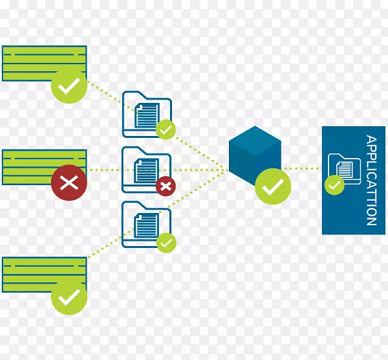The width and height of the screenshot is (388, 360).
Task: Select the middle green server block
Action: point(32,166)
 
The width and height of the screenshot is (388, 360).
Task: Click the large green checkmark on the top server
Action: point(69,85)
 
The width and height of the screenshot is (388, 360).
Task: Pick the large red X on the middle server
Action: point(69,183)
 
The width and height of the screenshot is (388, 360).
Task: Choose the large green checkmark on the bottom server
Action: point(69,297)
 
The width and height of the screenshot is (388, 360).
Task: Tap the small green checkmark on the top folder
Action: point(166,130)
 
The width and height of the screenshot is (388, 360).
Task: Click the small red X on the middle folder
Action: point(166,186)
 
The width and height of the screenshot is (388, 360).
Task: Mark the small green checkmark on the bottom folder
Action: point(166,242)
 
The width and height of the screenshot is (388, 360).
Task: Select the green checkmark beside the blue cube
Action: point(273,187)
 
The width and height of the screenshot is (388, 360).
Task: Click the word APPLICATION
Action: point(371,180)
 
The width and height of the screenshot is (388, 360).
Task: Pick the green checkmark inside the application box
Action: point(334,186)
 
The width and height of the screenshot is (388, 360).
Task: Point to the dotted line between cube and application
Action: point(301,169)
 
